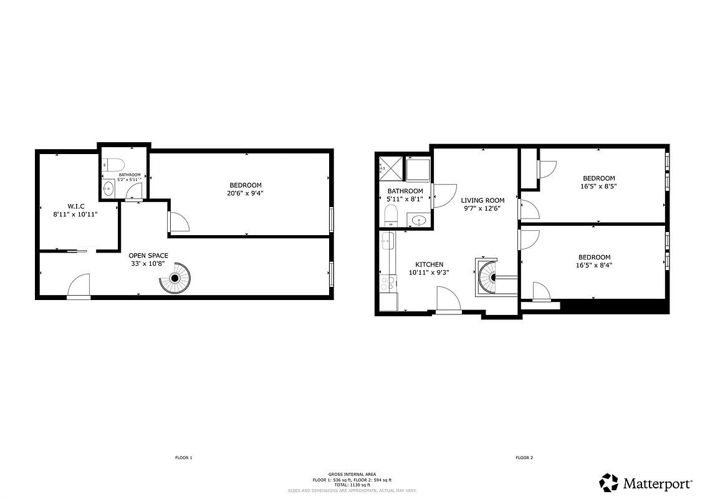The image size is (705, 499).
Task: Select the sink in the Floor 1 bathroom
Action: click(108, 190)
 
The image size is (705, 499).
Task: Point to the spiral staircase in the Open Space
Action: click(177, 278)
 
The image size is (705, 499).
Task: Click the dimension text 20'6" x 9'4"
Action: click(246, 193)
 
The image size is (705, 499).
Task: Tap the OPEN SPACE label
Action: click(148, 256)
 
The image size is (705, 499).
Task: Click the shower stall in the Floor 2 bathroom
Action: click(389, 168)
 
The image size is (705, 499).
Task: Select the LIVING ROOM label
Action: click(482, 201)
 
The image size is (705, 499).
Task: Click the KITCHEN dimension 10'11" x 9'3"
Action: click(429, 273)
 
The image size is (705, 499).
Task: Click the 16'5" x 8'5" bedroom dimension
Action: click(598, 186)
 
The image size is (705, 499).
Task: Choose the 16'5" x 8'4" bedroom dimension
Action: click(594, 265)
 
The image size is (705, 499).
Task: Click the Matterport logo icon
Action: click(609, 483)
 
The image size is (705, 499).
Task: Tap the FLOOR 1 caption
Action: click(183, 458)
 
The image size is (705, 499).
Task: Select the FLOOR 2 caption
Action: click(524, 458)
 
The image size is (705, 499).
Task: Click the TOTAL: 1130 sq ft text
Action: click(352, 485)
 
